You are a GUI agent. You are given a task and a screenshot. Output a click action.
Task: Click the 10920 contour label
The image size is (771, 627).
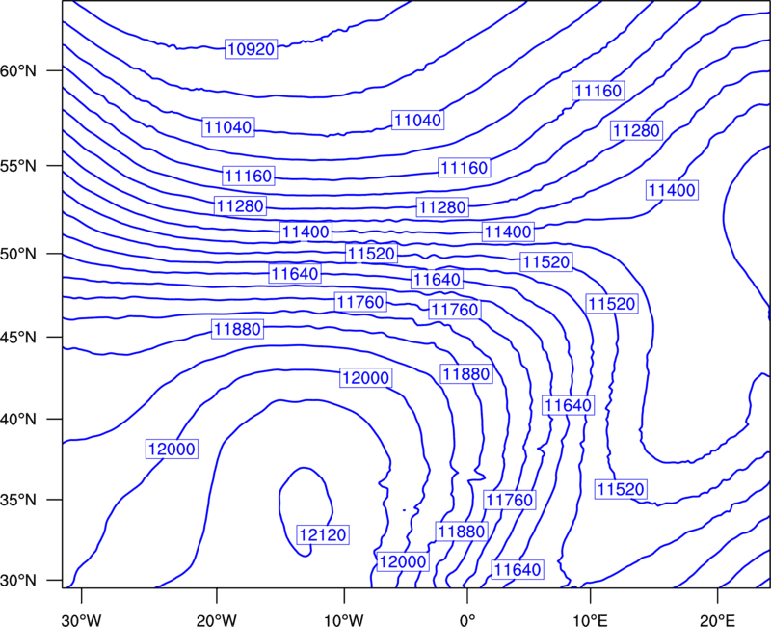click(252, 49)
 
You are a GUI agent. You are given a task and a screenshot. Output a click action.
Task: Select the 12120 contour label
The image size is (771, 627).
click(323, 534)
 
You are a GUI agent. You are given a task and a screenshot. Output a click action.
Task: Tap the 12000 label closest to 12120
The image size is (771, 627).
click(402, 561)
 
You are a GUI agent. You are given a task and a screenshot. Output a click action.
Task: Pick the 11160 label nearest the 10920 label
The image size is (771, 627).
click(249, 176)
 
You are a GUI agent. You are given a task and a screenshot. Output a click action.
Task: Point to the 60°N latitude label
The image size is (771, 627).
click(18, 70)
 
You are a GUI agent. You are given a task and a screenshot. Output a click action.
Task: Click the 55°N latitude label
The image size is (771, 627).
click(18, 166)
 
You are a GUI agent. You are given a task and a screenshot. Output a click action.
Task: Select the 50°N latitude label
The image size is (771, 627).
click(18, 254)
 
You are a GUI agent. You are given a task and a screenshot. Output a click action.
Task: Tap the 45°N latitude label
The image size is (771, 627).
click(18, 337)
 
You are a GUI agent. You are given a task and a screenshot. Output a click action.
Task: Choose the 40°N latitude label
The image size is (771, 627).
click(18, 420)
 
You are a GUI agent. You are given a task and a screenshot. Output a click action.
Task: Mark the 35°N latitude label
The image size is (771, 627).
click(18, 500)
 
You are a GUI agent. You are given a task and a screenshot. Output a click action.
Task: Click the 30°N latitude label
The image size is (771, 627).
click(18, 581)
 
